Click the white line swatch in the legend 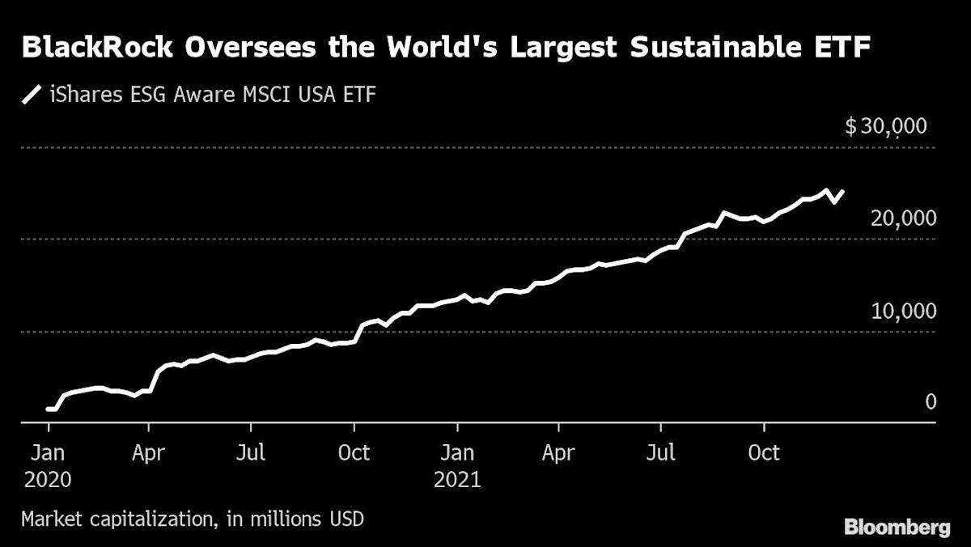pyautogui.click(x=32, y=95)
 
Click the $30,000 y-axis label pyautogui.click(x=885, y=126)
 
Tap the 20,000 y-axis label pyautogui.click(x=903, y=218)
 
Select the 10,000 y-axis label pyautogui.click(x=903, y=311)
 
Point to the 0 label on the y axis pyautogui.click(x=931, y=402)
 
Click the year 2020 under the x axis pyautogui.click(x=48, y=479)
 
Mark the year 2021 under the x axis pyautogui.click(x=457, y=479)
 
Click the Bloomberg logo pyautogui.click(x=897, y=528)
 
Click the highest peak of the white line pyautogui.click(x=825, y=191)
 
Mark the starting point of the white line pyautogui.click(x=48, y=409)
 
